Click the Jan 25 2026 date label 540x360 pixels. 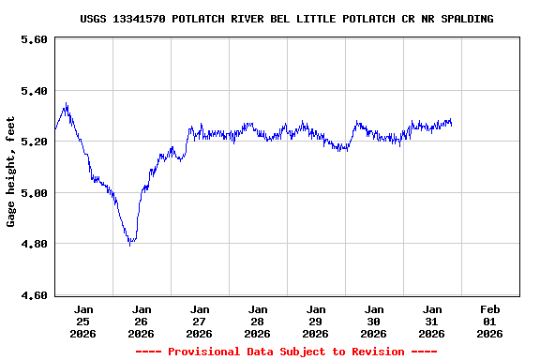[83, 321]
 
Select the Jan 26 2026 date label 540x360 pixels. [142, 321]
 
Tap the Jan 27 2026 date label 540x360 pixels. [200, 321]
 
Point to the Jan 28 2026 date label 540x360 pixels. [258, 321]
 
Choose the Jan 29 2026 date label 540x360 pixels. [316, 321]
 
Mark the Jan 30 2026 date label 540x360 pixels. [374, 321]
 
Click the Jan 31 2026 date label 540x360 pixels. [432, 321]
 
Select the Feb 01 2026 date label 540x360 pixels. [490, 321]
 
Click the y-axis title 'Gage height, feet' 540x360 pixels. [11, 171]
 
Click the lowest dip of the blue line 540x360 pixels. [130, 245]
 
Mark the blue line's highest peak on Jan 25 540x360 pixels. [66, 104]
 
